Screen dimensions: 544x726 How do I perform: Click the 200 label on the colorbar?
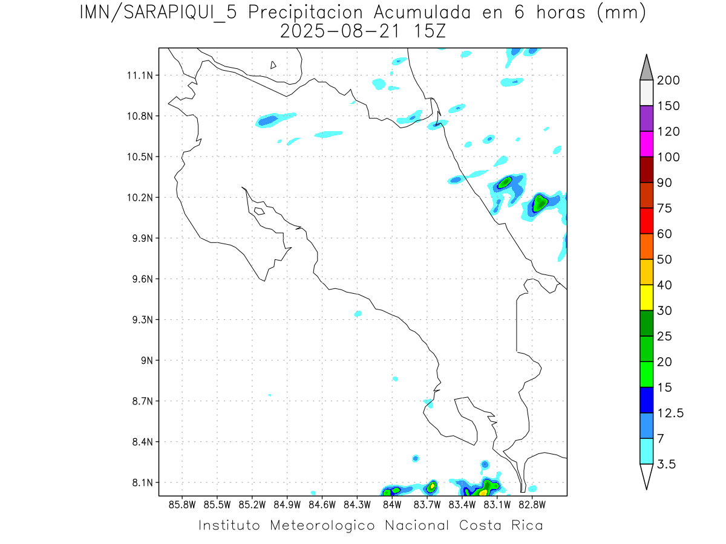(x=668, y=81)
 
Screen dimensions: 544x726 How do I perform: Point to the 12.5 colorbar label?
(x=670, y=413)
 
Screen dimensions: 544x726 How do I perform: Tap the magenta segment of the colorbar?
(x=646, y=144)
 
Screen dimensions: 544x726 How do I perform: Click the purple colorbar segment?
(x=646, y=118)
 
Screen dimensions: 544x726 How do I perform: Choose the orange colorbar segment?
(x=646, y=246)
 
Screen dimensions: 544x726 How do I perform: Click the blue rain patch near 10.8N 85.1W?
(x=267, y=121)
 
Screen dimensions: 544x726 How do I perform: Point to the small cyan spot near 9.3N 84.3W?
(x=358, y=314)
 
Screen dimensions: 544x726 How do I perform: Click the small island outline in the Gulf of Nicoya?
(x=259, y=211)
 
